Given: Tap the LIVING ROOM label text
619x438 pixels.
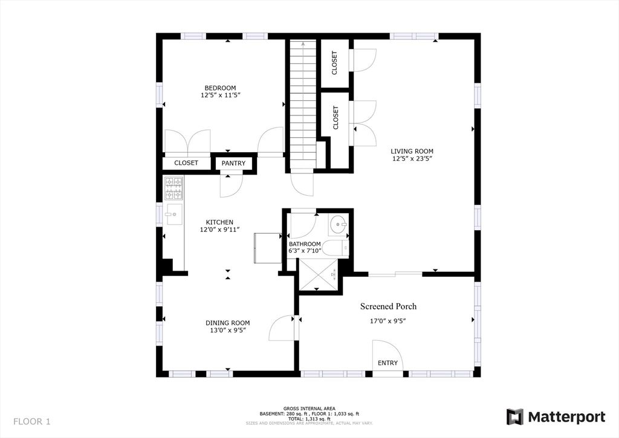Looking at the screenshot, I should (412, 151).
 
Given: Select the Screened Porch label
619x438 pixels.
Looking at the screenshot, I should (388, 306).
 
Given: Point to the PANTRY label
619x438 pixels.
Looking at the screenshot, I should (233, 163).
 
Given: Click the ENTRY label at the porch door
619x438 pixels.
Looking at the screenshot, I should (387, 363).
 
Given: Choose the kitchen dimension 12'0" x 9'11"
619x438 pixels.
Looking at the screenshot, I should (220, 230).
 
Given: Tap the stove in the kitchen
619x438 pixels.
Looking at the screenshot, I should (174, 188).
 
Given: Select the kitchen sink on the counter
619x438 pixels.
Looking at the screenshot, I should (173, 213).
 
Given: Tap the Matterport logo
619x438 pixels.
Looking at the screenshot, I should (556, 417).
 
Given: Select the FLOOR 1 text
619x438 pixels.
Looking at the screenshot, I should (31, 421).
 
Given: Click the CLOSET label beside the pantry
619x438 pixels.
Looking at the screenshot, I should (186, 163).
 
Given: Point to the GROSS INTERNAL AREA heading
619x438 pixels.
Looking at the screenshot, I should (309, 408).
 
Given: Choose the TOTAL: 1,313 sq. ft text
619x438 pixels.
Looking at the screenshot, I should (309, 418).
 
